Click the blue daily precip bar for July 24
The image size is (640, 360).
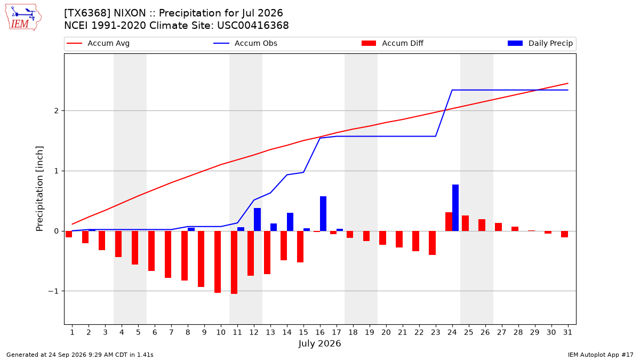[455, 207]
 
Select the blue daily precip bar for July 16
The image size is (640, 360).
[323, 214]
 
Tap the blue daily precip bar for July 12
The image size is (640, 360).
[257, 219]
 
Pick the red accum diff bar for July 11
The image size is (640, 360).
[234, 262]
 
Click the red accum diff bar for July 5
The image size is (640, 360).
[135, 247]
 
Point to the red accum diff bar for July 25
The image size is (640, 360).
[466, 223]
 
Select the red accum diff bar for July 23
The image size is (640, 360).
[433, 243]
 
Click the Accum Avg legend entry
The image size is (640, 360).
[98, 43]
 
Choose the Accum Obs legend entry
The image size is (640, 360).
[245, 43]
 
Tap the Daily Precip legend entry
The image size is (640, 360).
[540, 43]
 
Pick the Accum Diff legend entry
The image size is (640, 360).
[393, 43]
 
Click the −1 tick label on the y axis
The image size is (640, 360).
[53, 291]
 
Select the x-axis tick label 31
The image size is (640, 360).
[567, 332]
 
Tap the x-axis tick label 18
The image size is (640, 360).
[353, 332]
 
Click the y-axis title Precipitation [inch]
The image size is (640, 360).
[39, 189]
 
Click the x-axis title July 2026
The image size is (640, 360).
[319, 343]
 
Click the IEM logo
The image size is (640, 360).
[23, 18]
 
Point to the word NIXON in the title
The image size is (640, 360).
[130, 13]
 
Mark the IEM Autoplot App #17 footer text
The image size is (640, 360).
[601, 355]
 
